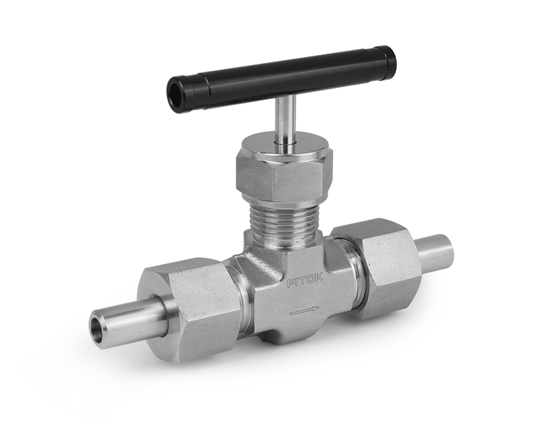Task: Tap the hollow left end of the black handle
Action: coord(176,96)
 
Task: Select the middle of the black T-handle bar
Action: coord(282,78)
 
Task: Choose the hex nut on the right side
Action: coord(380,265)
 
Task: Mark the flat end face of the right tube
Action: coord(447,249)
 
